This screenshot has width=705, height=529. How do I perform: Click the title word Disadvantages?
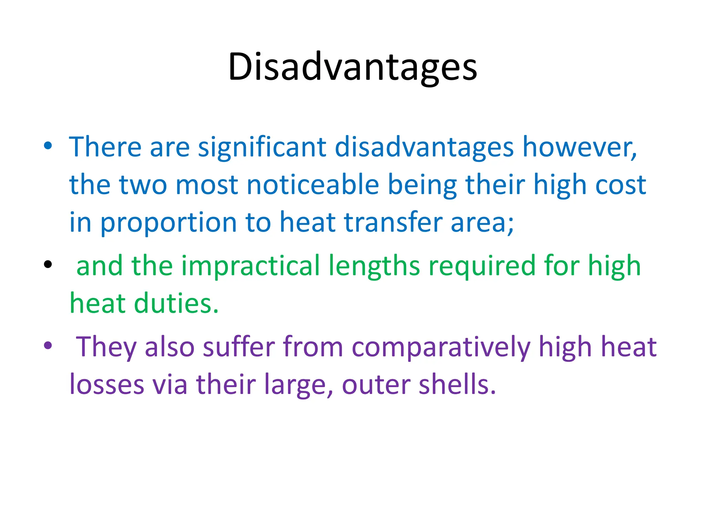point(352,67)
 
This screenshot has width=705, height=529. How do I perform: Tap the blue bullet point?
point(48,146)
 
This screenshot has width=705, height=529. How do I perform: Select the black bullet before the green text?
point(48,264)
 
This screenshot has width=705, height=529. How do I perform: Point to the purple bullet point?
point(48,345)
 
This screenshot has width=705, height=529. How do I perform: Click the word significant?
point(262,147)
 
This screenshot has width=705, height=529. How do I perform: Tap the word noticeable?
point(313,185)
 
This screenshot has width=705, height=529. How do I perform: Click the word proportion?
point(168,223)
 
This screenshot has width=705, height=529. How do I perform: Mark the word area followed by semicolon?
point(482,223)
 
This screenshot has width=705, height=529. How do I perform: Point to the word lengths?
point(374,266)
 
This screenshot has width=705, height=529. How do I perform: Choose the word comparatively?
point(441,347)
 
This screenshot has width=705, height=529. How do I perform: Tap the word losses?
point(107,384)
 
